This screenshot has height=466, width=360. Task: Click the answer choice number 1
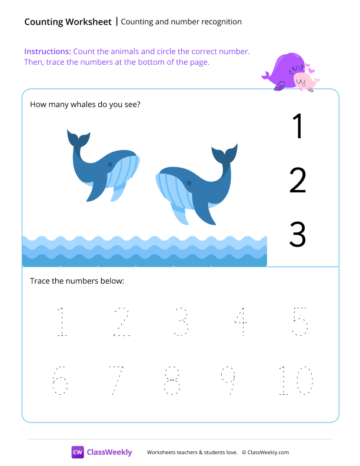coord(298,126)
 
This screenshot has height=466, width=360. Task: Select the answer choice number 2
coord(298,181)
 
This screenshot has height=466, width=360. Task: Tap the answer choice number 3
coord(298,235)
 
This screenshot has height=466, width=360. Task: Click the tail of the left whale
coord(78,139)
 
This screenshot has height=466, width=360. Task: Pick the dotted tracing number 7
coord(116,381)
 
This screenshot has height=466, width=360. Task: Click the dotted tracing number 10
coord(296,381)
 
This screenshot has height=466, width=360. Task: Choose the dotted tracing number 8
coord(172,381)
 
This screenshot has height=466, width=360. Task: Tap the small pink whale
coord(305,81)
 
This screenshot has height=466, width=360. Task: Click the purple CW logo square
coord(78,452)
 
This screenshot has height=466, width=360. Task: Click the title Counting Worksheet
coord(68,22)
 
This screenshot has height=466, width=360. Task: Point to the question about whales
coord(85,105)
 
